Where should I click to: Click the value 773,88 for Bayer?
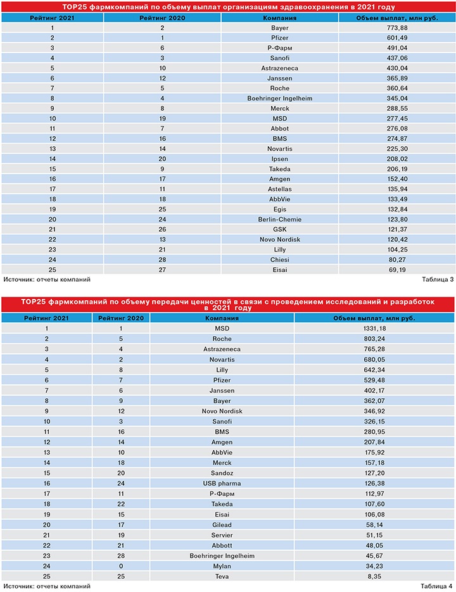[x=396, y=28]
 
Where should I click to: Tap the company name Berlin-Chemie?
[x=280, y=218]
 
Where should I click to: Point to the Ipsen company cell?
[x=280, y=158]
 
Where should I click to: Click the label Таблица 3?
[x=437, y=279]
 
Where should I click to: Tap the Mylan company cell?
[x=222, y=565]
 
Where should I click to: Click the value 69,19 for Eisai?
[x=396, y=270]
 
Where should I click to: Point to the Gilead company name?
[x=222, y=524]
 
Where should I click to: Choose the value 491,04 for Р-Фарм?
[x=396, y=48]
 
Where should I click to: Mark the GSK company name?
[x=280, y=229]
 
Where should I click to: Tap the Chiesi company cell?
[x=280, y=259]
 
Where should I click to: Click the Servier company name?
[x=222, y=534]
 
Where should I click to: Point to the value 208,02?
[x=396, y=158]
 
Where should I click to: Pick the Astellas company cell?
[x=280, y=189]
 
